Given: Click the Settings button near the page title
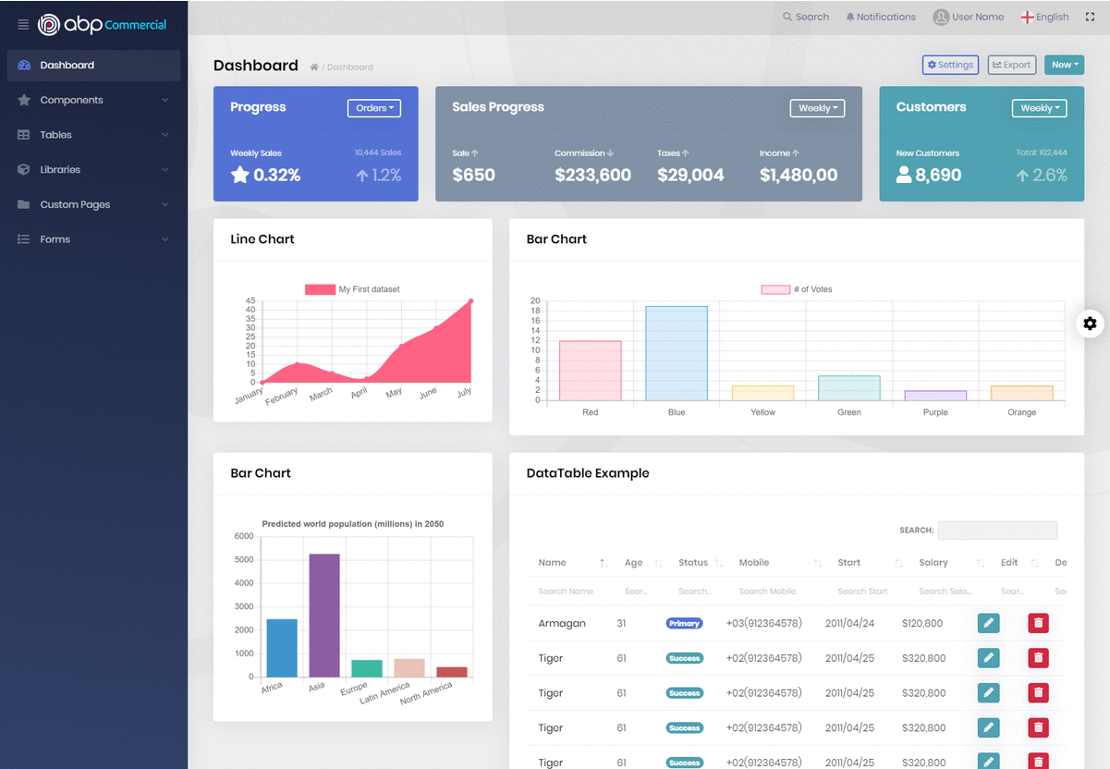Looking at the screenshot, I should pos(950,65).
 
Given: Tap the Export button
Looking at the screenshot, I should pos(1011,65).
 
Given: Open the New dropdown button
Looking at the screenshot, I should pos(1064,65).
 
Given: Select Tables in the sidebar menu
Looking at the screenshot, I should pos(55,135).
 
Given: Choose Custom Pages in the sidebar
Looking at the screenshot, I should pos(75,204).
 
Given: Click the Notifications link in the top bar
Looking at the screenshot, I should pos(881,17).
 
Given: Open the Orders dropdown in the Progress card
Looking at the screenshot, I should pos(374,108).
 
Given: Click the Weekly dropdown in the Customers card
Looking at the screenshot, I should pos(1039,108).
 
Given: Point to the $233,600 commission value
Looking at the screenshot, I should pos(592,176).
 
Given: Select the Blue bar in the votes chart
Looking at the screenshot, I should pos(677,353).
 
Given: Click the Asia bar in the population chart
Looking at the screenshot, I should pos(324,615).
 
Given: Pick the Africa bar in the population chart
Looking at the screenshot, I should pos(282,647).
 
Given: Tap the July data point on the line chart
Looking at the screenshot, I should pos(470,301).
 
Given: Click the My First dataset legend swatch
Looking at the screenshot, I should pos(320,289).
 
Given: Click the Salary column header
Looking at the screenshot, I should pos(933,563).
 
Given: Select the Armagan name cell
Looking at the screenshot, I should pos(562,624).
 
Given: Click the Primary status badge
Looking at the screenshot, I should pos(684,624).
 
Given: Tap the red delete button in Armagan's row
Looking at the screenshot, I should pos(1039,623).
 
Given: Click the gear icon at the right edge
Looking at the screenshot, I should pos(1091,323).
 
